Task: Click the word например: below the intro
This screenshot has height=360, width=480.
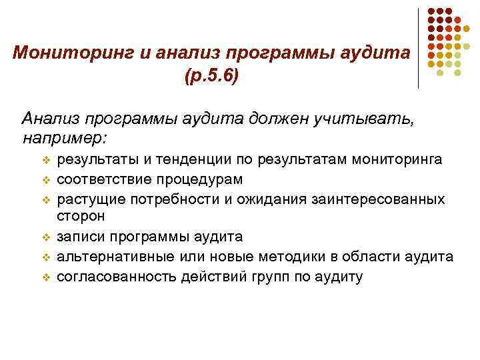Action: [65, 139]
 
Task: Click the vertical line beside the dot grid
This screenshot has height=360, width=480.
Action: [419, 47]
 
